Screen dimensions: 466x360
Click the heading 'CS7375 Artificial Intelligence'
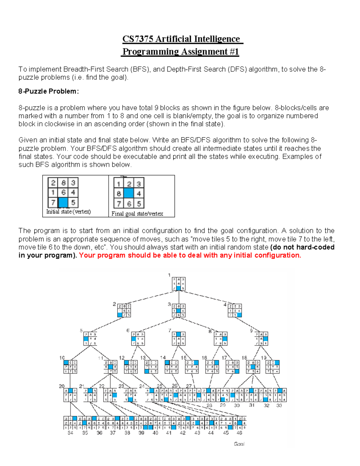pyautogui.click(x=181, y=39)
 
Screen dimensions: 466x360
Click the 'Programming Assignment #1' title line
pyautogui.click(x=180, y=52)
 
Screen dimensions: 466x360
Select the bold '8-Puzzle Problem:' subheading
pyautogui.click(x=48, y=91)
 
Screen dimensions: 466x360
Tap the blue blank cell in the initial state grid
pyautogui.click(x=63, y=202)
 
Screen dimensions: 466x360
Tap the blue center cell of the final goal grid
pyautogui.click(x=129, y=194)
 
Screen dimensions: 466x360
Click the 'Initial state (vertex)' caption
pyautogui.click(x=68, y=212)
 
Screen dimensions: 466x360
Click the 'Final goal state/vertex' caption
pyautogui.click(x=137, y=214)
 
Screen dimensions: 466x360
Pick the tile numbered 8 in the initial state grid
pyautogui.click(x=63, y=183)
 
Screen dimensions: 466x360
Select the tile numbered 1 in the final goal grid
pyautogui.click(x=119, y=184)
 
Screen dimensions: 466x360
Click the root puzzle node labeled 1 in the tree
pyautogui.click(x=178, y=284)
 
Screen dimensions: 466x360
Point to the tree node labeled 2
pyautogui.click(x=124, y=311)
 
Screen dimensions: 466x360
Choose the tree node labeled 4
pyautogui.click(x=235, y=311)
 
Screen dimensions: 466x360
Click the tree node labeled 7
pyautogui.click(x=179, y=339)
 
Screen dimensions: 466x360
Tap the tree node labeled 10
pyautogui.click(x=70, y=367)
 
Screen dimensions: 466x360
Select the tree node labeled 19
pyautogui.click(x=273, y=367)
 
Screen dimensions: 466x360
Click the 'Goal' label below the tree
pyautogui.click(x=239, y=444)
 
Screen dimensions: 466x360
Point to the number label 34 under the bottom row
pyautogui.click(x=70, y=433)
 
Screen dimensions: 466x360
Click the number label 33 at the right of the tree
pyautogui.click(x=279, y=405)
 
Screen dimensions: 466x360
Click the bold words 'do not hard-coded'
pyautogui.click(x=303, y=247)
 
